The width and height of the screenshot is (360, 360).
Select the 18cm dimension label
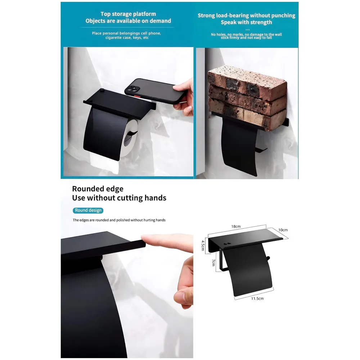click(236, 226)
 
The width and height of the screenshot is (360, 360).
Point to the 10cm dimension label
click(283, 230)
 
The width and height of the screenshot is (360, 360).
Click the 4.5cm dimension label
click(203, 246)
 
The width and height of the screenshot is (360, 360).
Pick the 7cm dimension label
click(213, 263)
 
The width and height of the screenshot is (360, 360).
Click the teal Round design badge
click(88, 210)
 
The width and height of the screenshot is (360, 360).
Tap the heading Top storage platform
click(128, 14)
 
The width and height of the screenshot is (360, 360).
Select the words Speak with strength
click(246, 22)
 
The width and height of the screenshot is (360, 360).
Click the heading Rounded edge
click(98, 189)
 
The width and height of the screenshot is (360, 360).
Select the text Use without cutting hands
click(119, 198)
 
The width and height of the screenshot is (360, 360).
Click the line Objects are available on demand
click(128, 21)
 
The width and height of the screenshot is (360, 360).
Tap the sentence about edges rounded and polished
click(119, 220)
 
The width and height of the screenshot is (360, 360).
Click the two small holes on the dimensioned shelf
click(226, 244)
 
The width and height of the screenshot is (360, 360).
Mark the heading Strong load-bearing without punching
click(246, 15)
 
